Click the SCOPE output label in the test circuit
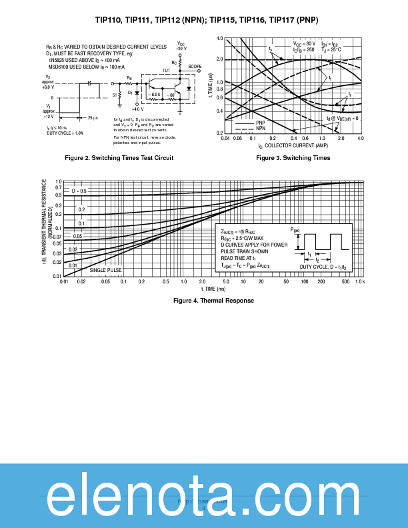click(x=194, y=67)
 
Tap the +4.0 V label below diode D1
click(x=137, y=109)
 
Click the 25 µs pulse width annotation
click(x=93, y=118)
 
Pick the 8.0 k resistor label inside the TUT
click(x=155, y=95)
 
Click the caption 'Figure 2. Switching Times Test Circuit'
click(x=119, y=158)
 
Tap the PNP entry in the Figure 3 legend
click(x=261, y=123)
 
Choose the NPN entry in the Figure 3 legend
click(x=261, y=127)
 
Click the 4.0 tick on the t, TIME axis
click(x=221, y=39)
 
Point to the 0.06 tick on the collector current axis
click(x=237, y=138)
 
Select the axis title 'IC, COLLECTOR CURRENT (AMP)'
click(x=293, y=145)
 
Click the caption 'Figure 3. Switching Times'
click(x=293, y=158)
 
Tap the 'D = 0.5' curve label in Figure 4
click(x=79, y=191)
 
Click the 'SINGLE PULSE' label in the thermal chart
click(x=106, y=270)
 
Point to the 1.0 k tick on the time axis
click(x=359, y=282)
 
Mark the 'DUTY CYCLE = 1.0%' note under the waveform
click(x=65, y=133)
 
